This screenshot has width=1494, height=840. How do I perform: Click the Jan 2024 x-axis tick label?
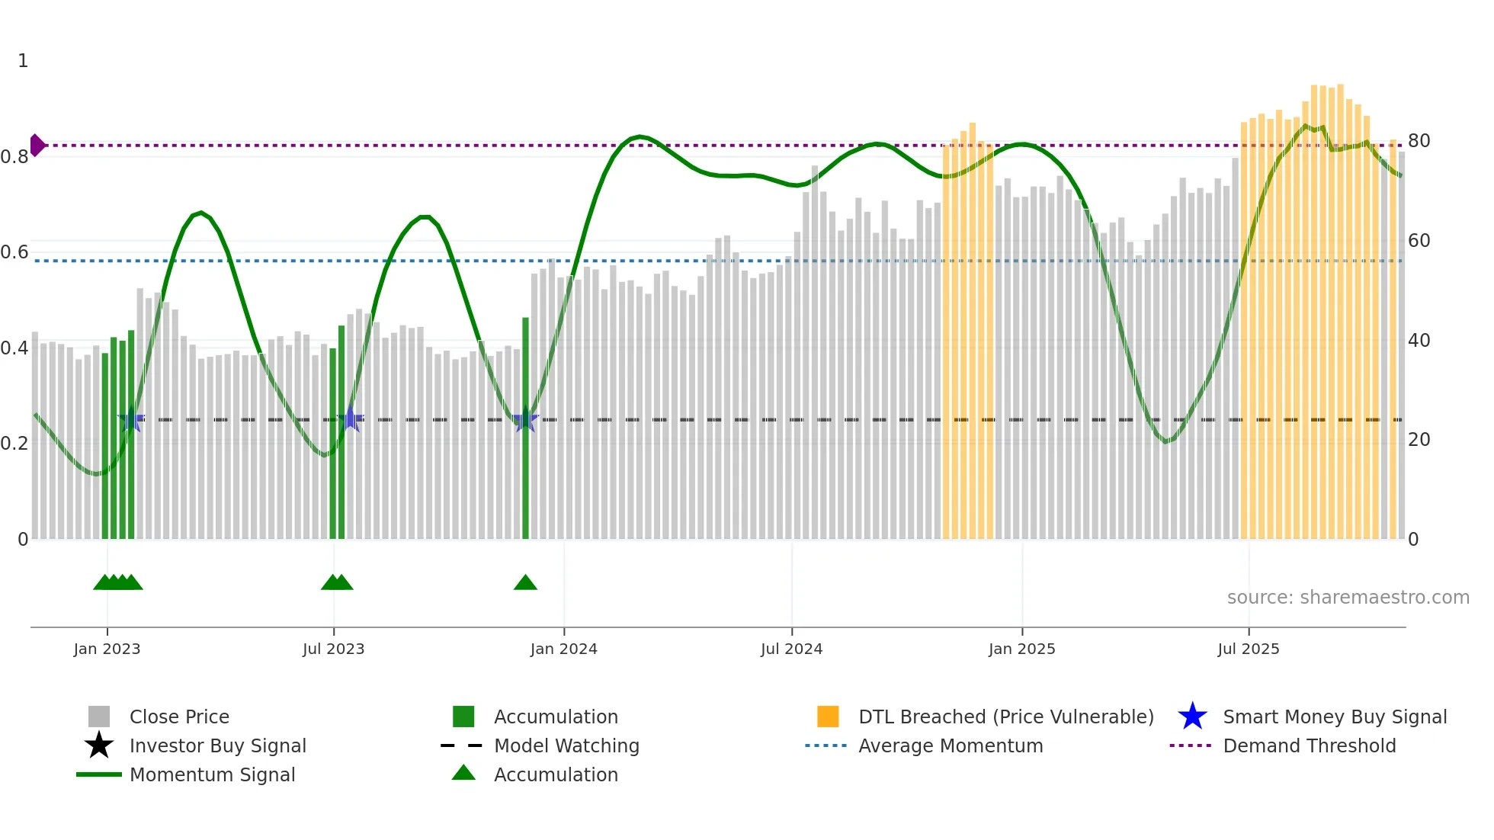click(x=563, y=649)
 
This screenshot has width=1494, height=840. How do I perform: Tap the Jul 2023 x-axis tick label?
click(x=333, y=649)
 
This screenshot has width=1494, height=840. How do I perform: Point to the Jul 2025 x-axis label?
click(x=1248, y=649)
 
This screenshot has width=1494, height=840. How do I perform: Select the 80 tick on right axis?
click(x=1419, y=141)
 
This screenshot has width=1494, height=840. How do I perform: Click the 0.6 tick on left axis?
click(x=14, y=252)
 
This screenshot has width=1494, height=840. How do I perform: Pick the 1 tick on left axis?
click(x=23, y=61)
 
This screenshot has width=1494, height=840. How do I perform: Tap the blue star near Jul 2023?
click(x=351, y=419)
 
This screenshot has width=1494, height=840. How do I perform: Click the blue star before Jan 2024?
click(x=525, y=420)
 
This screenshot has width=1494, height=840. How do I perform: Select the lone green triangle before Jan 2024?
click(x=525, y=583)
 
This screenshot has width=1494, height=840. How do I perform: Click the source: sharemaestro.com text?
click(x=1348, y=597)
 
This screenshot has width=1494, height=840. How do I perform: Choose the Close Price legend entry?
click(x=178, y=717)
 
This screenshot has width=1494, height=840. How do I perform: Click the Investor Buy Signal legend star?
click(x=99, y=745)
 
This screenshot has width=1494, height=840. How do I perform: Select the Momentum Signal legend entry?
click(x=211, y=774)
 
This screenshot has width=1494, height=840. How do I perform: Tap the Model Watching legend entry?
click(x=566, y=745)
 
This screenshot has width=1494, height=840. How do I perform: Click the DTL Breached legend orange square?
click(x=828, y=717)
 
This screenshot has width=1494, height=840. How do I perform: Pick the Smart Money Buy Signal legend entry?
click(x=1334, y=717)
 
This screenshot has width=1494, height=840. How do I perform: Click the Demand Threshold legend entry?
click(x=1309, y=745)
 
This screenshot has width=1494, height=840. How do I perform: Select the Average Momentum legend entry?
click(x=950, y=745)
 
